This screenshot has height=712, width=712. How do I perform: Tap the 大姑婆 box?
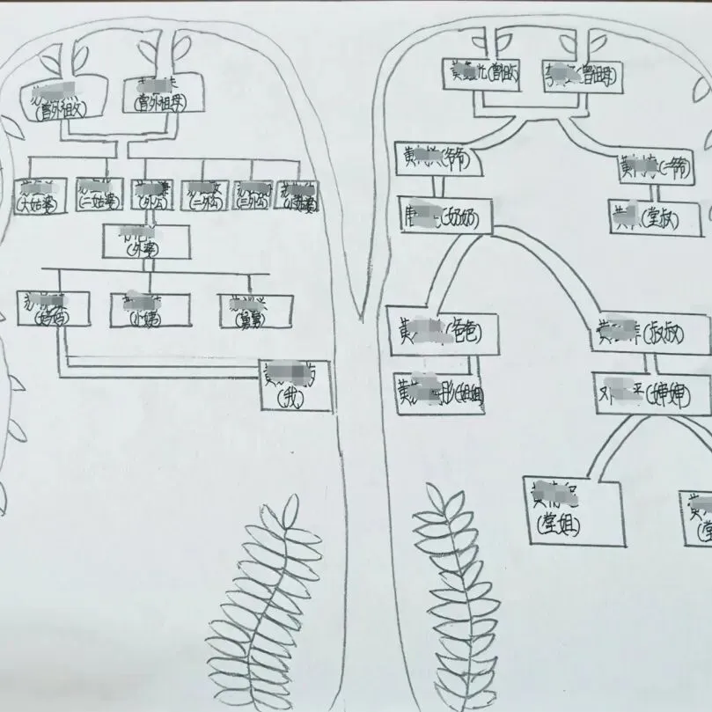coord(41,196)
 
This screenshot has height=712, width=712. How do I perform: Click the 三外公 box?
coord(253,196)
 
